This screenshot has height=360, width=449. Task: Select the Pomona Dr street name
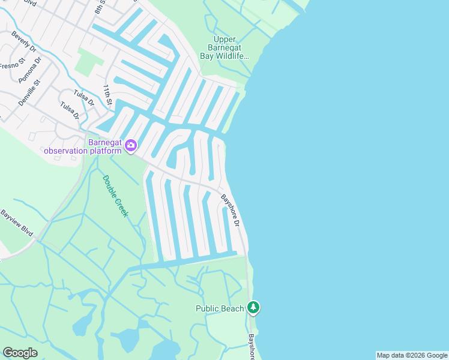click(30, 70)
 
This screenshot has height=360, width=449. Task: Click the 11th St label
click(107, 95)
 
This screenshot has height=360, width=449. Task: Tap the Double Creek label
click(115, 196)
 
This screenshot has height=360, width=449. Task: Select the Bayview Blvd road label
click(16, 223)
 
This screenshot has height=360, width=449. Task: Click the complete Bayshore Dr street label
click(231, 210)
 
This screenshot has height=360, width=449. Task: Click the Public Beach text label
click(220, 308)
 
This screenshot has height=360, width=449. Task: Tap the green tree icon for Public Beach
click(254, 308)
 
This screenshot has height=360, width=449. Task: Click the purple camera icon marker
click(130, 145)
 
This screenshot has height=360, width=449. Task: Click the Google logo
click(20, 353)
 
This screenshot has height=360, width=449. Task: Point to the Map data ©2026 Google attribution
click(412, 355)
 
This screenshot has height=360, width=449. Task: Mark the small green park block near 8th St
click(88, 62)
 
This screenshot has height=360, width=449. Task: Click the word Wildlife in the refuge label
click(231, 56)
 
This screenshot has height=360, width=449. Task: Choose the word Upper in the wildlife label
click(225, 40)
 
